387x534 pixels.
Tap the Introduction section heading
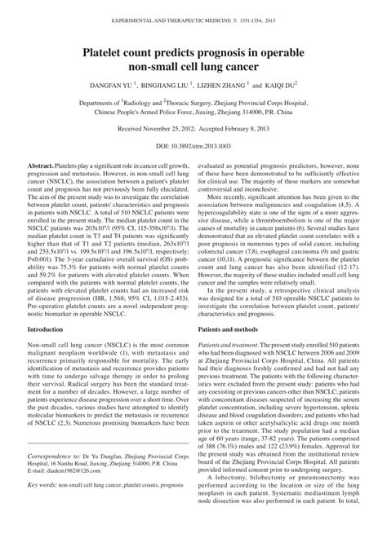[x=48, y=330]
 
